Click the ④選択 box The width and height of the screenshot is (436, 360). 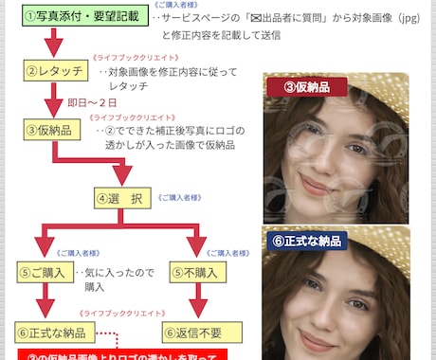121,198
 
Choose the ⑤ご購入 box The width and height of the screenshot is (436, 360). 43,273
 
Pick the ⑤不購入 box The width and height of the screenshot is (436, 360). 198,273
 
